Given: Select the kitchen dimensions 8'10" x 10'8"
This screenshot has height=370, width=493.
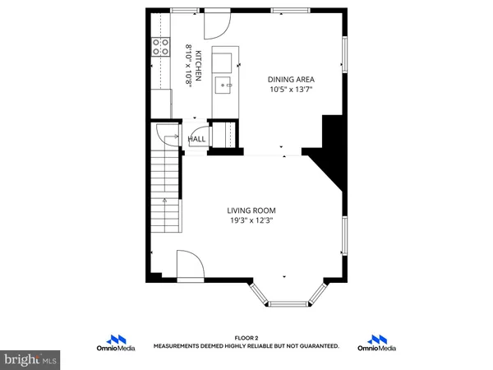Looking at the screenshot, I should coord(188,59).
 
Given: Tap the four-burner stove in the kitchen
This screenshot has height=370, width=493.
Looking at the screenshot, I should coord(159,48).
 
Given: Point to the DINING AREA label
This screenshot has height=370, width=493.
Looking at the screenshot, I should coord(291,79).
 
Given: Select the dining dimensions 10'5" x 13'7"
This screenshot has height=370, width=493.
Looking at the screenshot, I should coord(291,90).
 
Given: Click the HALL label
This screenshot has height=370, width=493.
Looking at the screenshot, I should coord(197,139).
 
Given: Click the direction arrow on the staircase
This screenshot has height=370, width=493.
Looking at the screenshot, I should coord(164,200).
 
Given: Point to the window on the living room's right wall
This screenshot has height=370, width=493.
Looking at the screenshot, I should coord(344,235).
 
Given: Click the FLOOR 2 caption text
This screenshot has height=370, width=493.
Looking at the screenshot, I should coord(246,338).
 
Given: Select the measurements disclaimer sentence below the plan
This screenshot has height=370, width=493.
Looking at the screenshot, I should coord(246,346).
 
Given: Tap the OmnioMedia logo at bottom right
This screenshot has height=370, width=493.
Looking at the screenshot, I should coord(377,342).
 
